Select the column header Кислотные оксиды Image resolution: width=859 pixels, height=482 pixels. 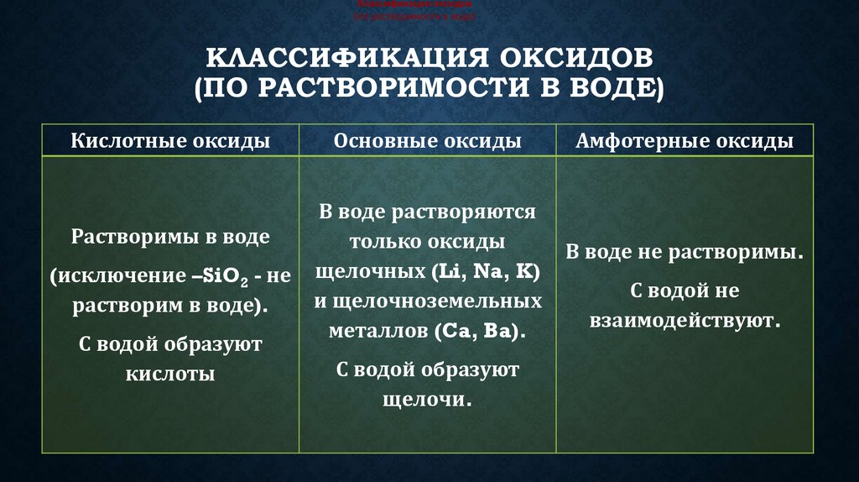coord(170,141)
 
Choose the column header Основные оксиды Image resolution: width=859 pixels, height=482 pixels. coord(428,141)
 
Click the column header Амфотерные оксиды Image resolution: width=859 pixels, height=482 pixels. coord(685,141)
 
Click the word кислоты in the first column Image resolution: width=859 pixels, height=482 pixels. coord(170,374)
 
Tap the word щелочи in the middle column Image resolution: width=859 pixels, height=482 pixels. coord(425,400)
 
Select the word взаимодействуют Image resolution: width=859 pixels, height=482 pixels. coord(685,321)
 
